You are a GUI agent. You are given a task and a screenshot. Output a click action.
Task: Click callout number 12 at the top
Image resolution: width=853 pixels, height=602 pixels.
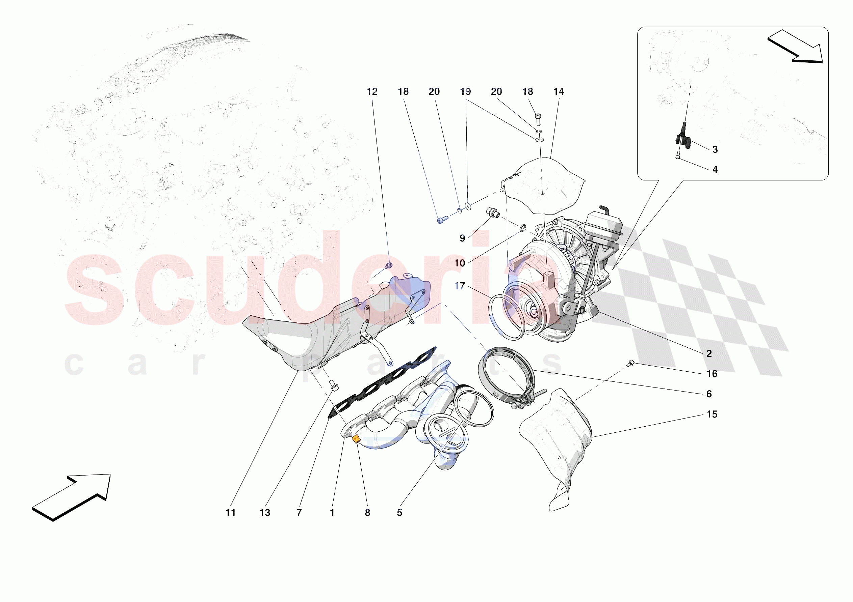372,92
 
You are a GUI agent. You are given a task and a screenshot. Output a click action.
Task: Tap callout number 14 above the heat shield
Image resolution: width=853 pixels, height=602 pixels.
559,92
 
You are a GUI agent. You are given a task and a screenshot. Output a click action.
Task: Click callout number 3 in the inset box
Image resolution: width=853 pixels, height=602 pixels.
715,149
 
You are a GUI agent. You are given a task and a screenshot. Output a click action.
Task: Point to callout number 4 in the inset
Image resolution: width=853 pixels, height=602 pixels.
715,170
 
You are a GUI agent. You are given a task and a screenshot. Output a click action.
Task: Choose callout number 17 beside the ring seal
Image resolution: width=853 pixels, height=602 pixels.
460,286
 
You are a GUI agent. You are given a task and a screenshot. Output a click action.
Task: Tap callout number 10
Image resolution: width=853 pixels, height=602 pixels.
460,263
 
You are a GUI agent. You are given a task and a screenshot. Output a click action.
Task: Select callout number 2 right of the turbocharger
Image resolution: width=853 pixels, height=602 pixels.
709,354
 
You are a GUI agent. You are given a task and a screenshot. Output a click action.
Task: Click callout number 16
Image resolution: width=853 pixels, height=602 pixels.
712,374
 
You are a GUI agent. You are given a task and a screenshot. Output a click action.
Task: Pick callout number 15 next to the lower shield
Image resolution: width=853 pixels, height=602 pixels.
712,414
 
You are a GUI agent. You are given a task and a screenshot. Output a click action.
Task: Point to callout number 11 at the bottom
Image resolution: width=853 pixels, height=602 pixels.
230,513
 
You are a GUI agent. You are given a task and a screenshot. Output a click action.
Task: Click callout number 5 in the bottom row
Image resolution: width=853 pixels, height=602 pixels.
399,513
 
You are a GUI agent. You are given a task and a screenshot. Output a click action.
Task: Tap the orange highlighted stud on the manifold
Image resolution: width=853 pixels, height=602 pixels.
356,439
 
